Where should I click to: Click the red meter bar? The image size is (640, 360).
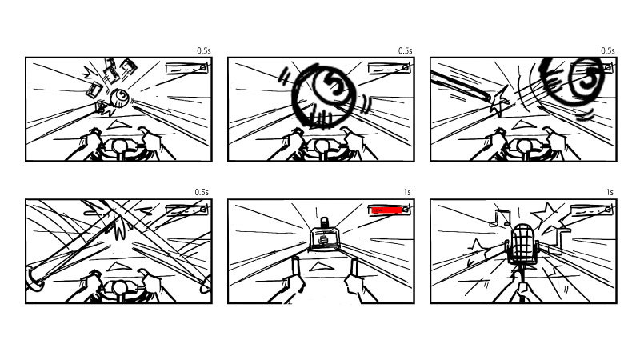[386, 210]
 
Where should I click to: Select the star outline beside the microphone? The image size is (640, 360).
[546, 214]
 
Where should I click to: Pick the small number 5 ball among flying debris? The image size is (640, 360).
[119, 98]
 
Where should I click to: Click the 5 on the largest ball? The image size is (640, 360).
[334, 85]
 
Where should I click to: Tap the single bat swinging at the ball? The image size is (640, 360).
[461, 86]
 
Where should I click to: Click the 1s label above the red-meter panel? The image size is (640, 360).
[407, 192]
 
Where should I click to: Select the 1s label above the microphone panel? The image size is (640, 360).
[610, 192]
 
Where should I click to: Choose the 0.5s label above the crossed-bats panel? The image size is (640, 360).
[202, 192]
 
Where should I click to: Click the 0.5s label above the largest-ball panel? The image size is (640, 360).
[406, 50]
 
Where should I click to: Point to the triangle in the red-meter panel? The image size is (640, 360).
[319, 267]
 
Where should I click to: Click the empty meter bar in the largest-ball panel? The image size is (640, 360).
[389, 68]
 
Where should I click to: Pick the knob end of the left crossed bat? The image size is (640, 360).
[34, 278]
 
